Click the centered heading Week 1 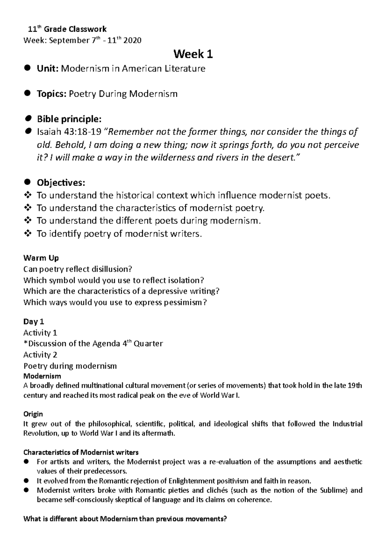[x=193, y=54]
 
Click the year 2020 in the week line [x=133, y=41]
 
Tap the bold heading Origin [x=33, y=414]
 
